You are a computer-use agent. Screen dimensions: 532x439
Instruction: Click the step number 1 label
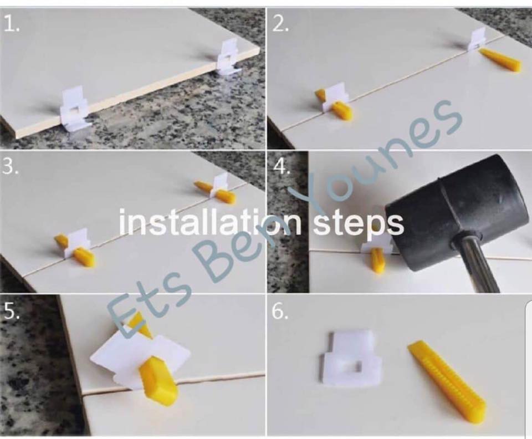point(11,24)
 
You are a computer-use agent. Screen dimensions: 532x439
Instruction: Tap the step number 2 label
point(280,24)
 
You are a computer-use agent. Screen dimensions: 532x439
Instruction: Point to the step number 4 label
point(282,167)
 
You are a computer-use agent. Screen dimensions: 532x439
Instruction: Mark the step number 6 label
point(280,312)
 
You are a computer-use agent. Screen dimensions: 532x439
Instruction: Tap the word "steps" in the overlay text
point(359,224)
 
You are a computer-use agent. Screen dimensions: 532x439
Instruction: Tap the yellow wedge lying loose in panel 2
point(500,59)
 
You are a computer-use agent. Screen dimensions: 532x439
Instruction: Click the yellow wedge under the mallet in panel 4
point(377,260)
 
